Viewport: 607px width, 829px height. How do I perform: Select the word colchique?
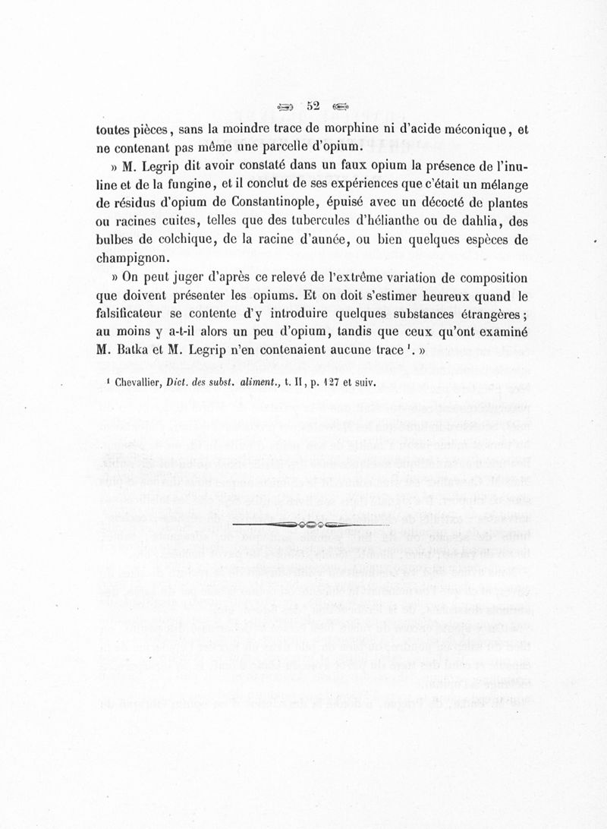[x=177, y=241]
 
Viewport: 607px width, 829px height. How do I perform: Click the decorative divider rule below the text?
[x=311, y=525]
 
